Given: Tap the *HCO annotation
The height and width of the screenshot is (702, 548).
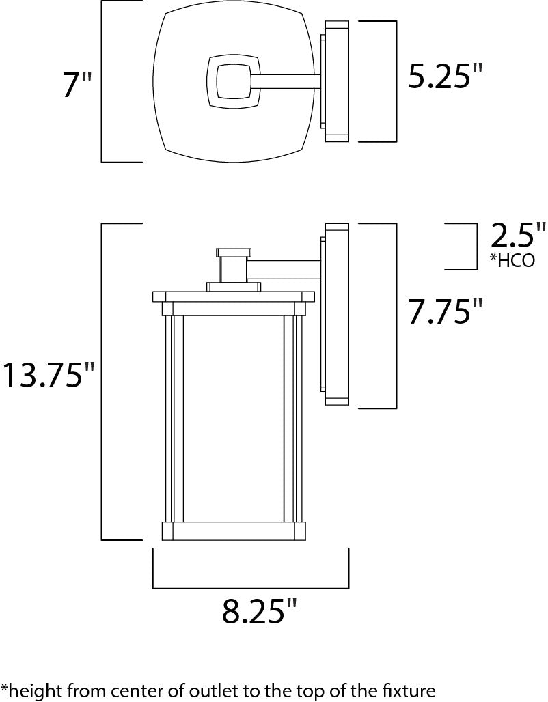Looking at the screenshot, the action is tap(512, 260).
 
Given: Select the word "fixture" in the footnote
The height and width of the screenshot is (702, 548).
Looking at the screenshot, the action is tap(410, 691).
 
